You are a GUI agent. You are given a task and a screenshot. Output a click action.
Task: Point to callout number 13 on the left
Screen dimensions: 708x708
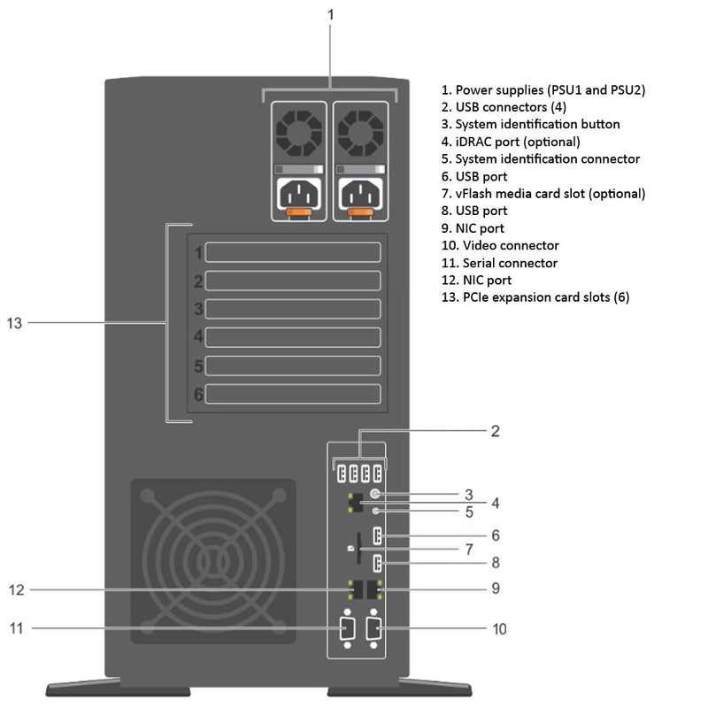tap(13, 323)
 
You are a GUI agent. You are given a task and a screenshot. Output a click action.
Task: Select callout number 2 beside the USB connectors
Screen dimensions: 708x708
tap(496, 431)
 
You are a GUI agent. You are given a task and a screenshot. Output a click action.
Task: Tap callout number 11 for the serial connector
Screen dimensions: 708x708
tap(15, 628)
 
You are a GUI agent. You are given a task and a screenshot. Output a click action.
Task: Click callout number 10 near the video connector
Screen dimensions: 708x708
tap(498, 628)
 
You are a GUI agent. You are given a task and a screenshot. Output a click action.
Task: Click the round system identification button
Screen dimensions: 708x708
tap(375, 495)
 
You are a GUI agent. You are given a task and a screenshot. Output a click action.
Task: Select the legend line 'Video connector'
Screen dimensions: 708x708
tap(500, 245)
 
